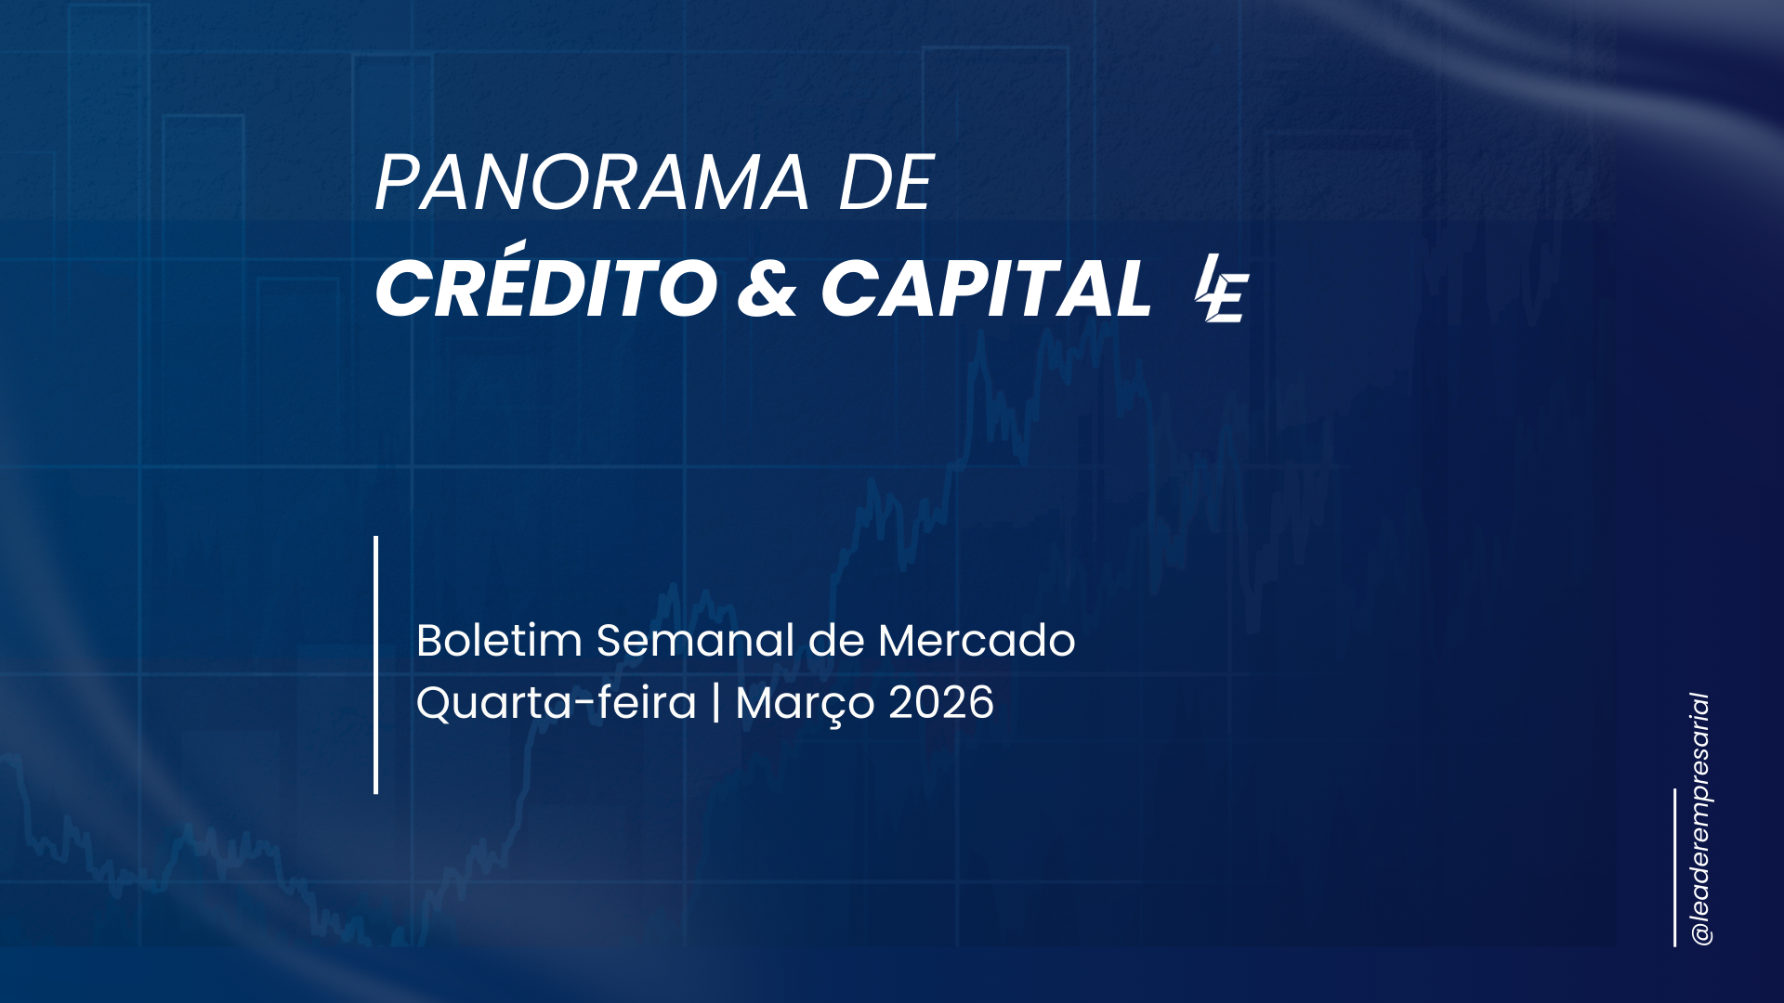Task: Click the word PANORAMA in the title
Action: pos(592,183)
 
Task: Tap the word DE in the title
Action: pos(885,183)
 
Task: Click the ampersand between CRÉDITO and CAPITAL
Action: pos(767,288)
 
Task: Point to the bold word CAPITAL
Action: pos(986,288)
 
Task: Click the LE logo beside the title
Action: pos(1222,288)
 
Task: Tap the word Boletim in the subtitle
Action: pos(499,640)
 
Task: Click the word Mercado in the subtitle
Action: pos(977,640)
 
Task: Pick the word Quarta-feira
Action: pos(556,703)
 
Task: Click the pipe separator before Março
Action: pos(715,703)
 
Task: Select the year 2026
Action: pos(941,703)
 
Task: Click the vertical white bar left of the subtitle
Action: pos(375,665)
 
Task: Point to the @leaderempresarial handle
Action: pos(1701,819)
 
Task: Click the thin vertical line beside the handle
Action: pos(1675,867)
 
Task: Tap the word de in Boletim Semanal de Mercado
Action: pos(836,640)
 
